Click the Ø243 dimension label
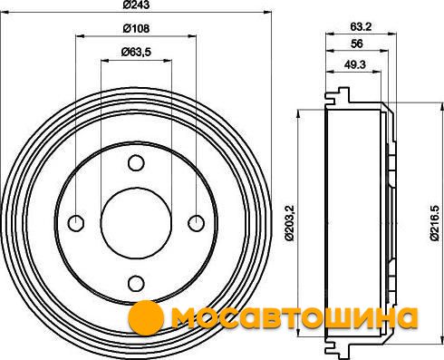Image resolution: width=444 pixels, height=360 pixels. pyautogui.click(x=136, y=5)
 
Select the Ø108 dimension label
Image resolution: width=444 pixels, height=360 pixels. pyautogui.click(x=136, y=28)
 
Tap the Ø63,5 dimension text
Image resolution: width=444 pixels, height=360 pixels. pyautogui.click(x=136, y=53)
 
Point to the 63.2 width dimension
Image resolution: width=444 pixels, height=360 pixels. pyautogui.click(x=361, y=27)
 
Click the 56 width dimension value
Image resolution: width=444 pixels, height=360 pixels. pyautogui.click(x=357, y=44)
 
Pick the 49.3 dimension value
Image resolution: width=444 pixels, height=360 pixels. pyautogui.click(x=354, y=64)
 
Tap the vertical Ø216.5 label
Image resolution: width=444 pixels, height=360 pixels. pyautogui.click(x=434, y=223)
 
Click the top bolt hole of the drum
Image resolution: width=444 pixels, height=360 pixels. pyautogui.click(x=136, y=163)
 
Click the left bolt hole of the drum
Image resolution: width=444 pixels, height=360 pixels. pyautogui.click(x=76, y=223)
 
